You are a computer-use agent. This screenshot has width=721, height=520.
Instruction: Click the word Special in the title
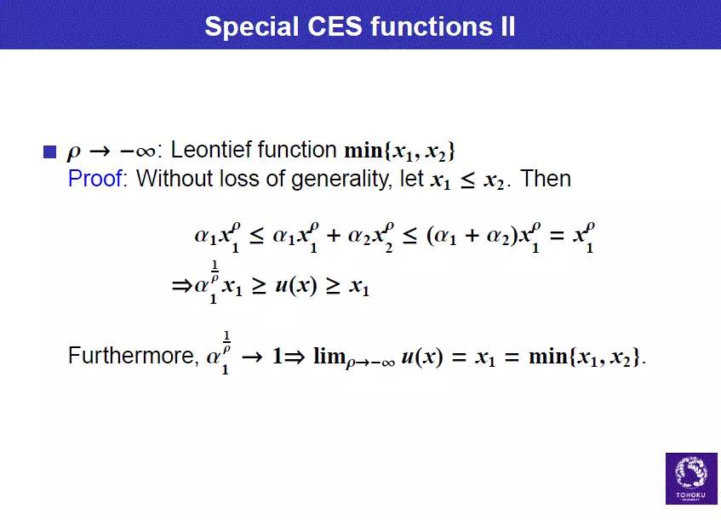[x=251, y=26]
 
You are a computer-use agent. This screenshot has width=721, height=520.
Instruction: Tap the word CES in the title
[x=335, y=26]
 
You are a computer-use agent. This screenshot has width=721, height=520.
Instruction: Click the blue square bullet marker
[x=49, y=151]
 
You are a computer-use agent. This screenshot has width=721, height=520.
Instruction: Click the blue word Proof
[x=95, y=178]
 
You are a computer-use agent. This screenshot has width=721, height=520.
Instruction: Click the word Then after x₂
[x=546, y=178]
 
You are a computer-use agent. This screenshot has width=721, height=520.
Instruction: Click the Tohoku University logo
[x=691, y=478]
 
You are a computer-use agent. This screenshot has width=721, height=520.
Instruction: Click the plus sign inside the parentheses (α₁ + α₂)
[x=472, y=236]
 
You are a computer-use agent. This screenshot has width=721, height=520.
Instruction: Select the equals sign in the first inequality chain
[x=557, y=236]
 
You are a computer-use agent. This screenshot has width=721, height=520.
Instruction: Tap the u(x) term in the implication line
[x=296, y=285]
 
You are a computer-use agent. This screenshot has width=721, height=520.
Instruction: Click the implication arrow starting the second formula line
[x=182, y=286]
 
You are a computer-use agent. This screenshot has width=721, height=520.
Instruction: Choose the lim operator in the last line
[x=329, y=356]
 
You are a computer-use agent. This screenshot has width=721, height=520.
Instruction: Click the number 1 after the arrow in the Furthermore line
[x=278, y=357]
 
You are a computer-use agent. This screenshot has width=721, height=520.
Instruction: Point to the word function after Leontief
[x=297, y=150]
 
